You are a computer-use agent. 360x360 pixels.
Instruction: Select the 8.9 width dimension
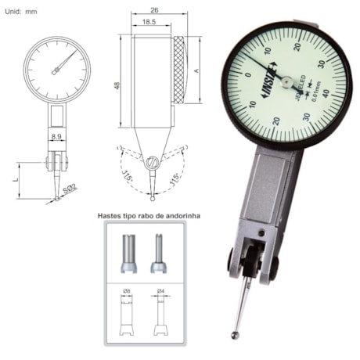point(56,136)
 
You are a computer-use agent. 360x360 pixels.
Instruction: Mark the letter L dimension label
point(16,179)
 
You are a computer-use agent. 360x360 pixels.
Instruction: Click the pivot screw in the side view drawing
point(155,162)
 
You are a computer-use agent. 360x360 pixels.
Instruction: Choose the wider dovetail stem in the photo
point(126,252)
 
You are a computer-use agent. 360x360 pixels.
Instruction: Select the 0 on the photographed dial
point(247,74)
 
